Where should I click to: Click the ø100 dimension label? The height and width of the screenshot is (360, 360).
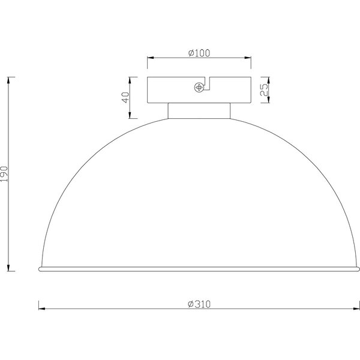click(x=199, y=53)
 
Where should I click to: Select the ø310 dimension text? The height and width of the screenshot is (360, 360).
click(x=199, y=304)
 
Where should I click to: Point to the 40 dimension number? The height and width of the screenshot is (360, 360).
click(x=125, y=97)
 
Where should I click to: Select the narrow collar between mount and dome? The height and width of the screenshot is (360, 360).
click(x=199, y=110)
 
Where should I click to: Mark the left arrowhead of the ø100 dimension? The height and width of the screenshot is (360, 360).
click(x=151, y=58)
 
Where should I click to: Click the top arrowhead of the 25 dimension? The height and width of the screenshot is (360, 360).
click(x=268, y=79)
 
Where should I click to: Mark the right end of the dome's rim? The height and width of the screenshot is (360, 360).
click(x=358, y=267)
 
